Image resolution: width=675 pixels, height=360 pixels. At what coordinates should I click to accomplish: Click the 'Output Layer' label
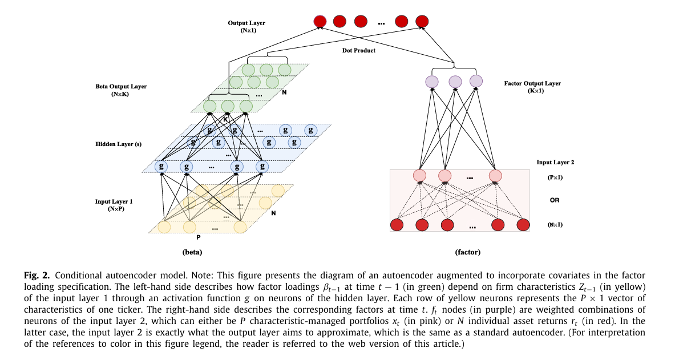click(246, 23)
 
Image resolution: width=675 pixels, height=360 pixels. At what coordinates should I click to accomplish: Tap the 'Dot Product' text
click(359, 51)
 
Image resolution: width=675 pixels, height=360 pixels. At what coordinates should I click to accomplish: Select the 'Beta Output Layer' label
click(120, 87)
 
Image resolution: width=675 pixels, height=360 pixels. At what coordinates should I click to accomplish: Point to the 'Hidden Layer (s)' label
click(118, 144)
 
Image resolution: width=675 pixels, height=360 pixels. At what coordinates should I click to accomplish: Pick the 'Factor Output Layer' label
click(532, 83)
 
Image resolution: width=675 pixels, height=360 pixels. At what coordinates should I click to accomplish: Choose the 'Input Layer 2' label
click(555, 162)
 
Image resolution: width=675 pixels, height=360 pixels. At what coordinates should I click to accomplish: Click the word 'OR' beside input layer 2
click(555, 200)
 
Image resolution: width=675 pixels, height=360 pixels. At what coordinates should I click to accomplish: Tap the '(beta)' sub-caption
click(192, 252)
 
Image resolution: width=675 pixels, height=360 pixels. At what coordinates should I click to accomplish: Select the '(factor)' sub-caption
click(467, 252)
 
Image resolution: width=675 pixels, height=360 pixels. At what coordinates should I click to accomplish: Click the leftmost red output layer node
click(320, 21)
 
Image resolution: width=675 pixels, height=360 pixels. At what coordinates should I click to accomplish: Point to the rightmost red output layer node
click(422, 21)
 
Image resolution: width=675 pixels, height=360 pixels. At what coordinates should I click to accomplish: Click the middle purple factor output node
click(455, 82)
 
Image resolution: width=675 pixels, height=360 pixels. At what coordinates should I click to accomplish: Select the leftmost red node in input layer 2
click(397, 225)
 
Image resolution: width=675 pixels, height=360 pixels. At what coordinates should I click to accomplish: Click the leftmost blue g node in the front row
click(161, 167)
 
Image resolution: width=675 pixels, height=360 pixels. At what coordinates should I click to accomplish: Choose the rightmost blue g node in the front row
click(262, 167)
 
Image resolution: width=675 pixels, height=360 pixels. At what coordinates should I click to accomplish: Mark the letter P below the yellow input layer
click(198, 236)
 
